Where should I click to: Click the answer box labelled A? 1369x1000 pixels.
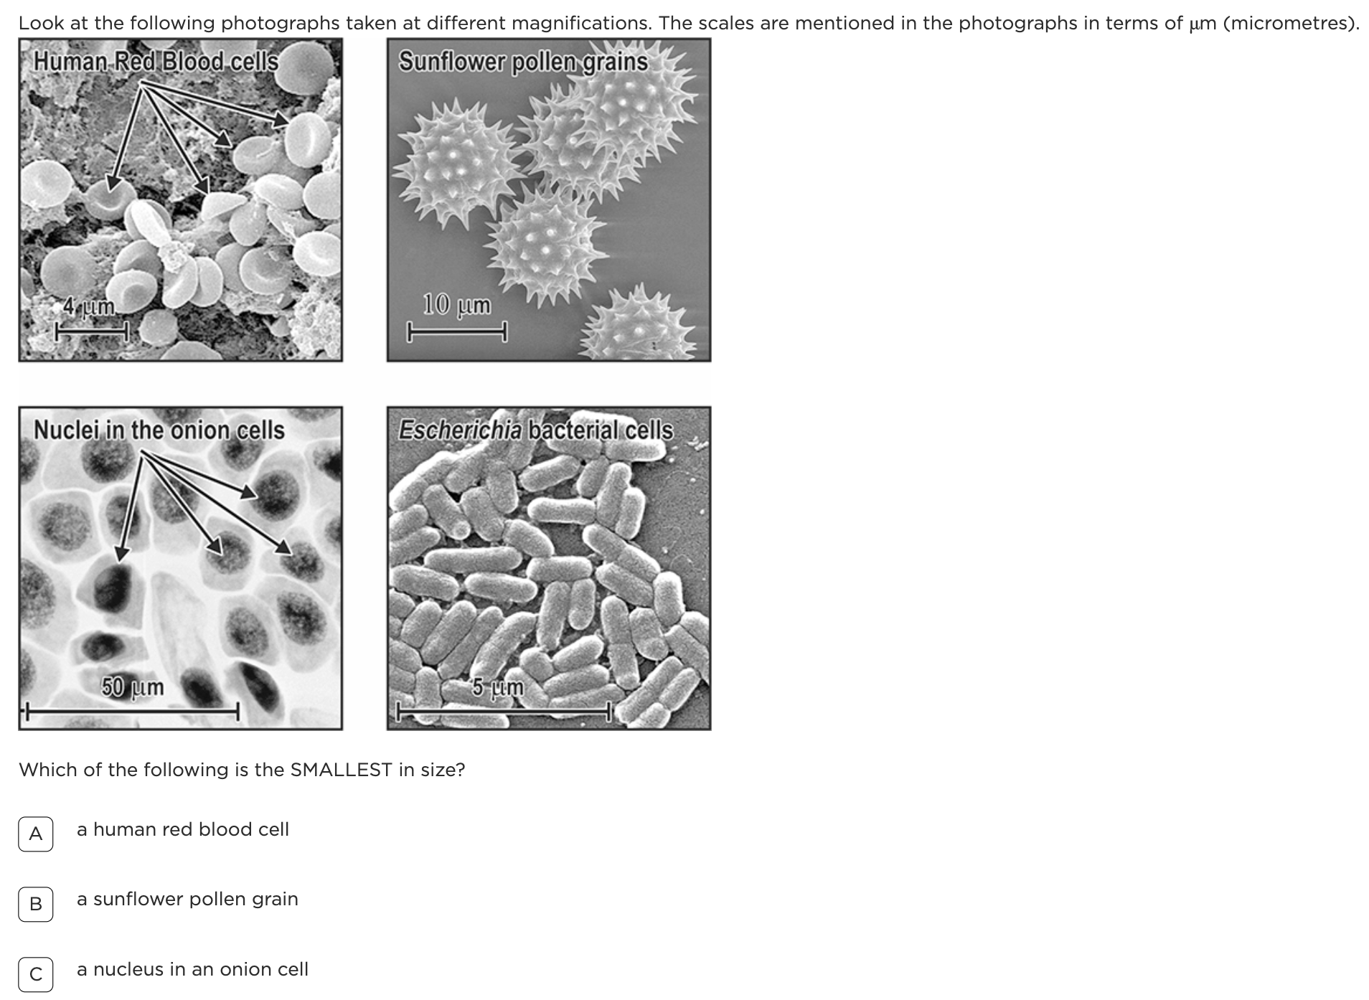(35, 834)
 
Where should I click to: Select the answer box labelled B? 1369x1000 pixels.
(35, 904)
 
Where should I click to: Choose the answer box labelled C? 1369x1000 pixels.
(35, 974)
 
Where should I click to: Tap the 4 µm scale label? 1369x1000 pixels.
(89, 307)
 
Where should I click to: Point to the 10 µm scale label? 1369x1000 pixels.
(457, 304)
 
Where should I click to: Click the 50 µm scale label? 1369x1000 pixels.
(133, 687)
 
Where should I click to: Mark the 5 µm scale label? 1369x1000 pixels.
(498, 687)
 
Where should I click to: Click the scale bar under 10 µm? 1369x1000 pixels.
(458, 332)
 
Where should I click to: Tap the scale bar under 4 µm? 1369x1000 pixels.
(93, 331)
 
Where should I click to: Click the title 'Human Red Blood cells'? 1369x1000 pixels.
(156, 61)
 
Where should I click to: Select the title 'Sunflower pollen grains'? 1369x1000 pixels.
(524, 62)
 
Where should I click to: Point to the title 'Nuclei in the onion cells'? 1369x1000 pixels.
(159, 430)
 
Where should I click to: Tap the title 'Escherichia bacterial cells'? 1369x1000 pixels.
(536, 430)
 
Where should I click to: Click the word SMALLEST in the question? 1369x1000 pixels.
(341, 770)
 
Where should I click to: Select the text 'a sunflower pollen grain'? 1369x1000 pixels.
(187, 899)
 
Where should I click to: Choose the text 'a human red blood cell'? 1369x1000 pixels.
(183, 829)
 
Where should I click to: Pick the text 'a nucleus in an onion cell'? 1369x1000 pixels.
(192, 969)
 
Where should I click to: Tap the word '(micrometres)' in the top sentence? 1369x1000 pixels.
(1291, 24)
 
